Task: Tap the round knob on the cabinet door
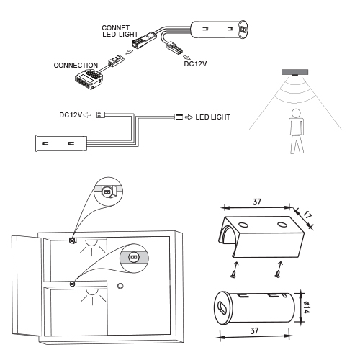click(x=121, y=287)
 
